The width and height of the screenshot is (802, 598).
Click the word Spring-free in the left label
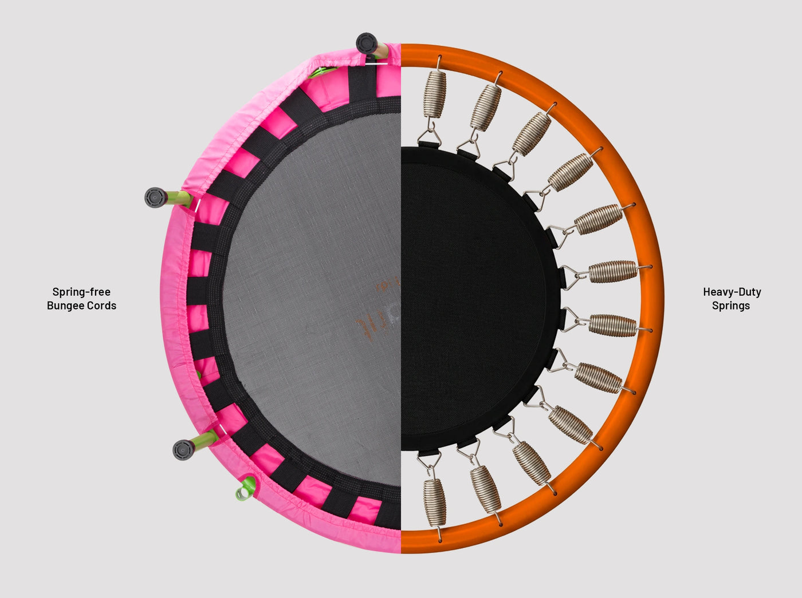coord(81,292)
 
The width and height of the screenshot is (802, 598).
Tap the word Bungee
coord(65,306)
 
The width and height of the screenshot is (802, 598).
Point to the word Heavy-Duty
coord(732,292)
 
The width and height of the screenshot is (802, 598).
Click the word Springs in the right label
coord(731,306)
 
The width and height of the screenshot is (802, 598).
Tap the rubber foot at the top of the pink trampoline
coord(367,43)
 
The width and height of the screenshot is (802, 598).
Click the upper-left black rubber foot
coord(156,197)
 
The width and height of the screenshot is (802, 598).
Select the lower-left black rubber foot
coord(184,450)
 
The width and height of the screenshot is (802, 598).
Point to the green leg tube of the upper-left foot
coord(179,198)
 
